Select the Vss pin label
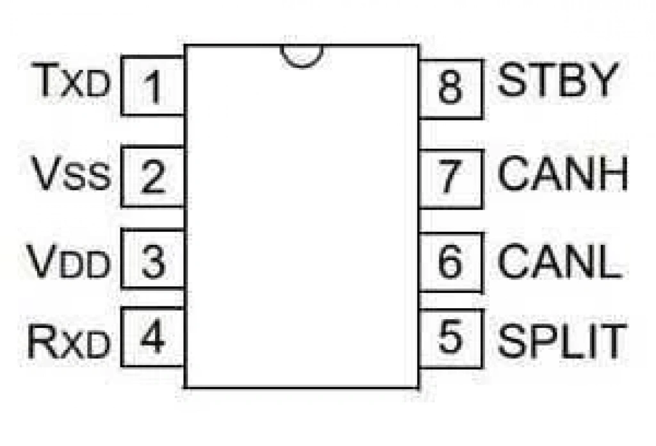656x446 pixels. pos(72,173)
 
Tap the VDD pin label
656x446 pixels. pos(69,261)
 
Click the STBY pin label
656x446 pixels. pos(558,79)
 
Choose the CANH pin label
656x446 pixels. pos(563,173)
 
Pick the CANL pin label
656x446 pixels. pos(560,261)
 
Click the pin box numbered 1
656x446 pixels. pos(152,86)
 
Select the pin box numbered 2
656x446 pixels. pos(152,176)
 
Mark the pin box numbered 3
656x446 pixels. pos(152,259)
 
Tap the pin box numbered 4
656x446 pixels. pos(152,337)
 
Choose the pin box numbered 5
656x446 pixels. pos(451,338)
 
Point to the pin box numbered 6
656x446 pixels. pos(451,262)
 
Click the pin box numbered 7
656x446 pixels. pos(451,179)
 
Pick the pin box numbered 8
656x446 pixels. pos(451,89)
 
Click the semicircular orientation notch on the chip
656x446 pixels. pos(302,63)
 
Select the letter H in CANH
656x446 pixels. pos(614,173)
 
